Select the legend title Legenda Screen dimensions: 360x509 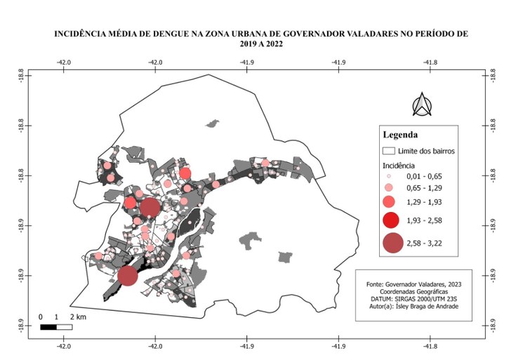coord(400,135)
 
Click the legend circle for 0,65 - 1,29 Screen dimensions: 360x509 coord(388,189)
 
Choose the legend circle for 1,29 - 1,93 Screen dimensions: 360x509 coord(389,203)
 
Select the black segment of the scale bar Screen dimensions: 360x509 coord(48,326)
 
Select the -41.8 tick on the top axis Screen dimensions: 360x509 coord(430,62)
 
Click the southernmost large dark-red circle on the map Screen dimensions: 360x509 coord(127,275)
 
